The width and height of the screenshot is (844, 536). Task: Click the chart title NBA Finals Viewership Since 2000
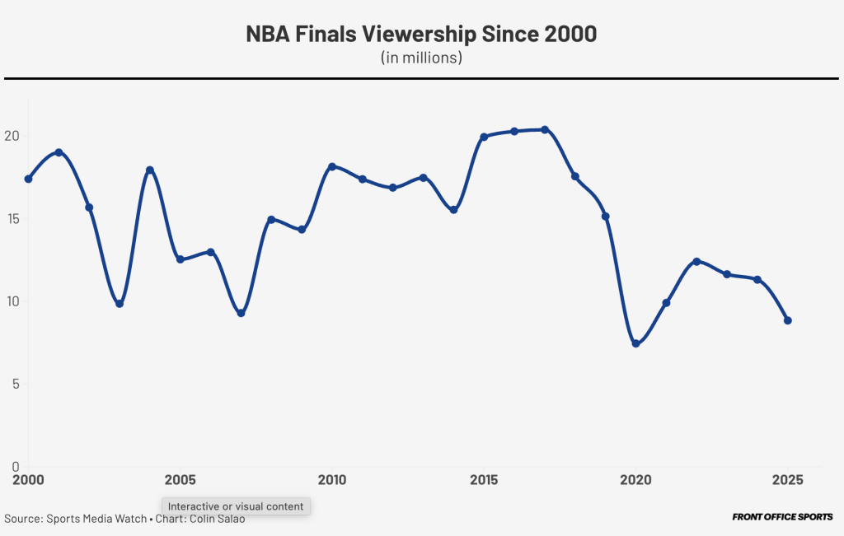click(x=421, y=35)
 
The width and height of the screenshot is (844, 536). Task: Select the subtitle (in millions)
click(x=421, y=58)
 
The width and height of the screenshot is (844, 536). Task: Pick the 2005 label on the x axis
click(x=180, y=479)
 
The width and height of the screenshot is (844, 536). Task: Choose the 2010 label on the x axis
click(x=331, y=479)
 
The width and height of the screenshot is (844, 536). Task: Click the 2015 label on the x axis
click(x=484, y=479)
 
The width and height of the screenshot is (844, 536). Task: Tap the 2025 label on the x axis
click(x=787, y=479)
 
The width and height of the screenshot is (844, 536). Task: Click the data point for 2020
click(x=635, y=343)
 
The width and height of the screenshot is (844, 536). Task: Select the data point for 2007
click(x=241, y=313)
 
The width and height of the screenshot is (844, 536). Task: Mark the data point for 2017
click(x=545, y=129)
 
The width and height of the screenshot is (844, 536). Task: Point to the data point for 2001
click(x=59, y=152)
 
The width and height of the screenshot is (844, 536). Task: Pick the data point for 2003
click(x=120, y=304)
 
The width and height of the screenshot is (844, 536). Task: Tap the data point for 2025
click(x=788, y=320)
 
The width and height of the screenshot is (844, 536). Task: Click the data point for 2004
click(x=150, y=170)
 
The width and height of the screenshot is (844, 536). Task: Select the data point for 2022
click(x=696, y=261)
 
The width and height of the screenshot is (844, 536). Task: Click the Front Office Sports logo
click(x=782, y=517)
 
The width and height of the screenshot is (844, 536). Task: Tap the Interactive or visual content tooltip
click(x=236, y=506)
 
